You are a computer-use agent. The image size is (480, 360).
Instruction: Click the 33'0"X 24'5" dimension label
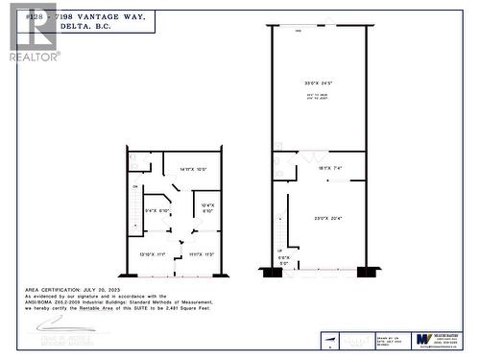coord(318,84)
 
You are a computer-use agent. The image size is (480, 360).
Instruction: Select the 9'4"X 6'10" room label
coord(156,210)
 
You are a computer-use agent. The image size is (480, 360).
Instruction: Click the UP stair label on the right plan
coord(280,250)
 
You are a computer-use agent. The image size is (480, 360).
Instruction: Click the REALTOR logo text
coord(35,57)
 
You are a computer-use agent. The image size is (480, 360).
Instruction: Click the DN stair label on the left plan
coord(135,187)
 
